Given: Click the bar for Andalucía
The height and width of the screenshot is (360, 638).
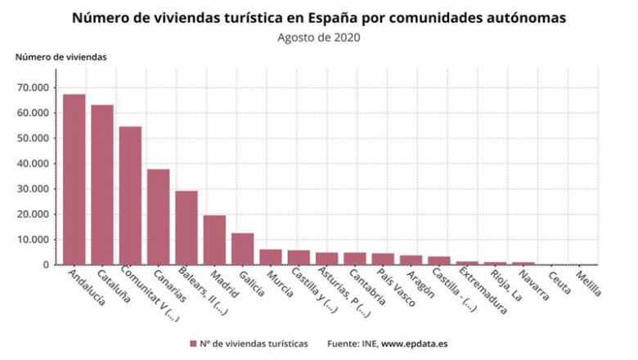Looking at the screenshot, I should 74,179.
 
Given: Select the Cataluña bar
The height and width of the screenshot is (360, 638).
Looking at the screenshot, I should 102,184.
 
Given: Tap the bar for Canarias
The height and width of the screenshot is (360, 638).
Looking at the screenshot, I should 159,217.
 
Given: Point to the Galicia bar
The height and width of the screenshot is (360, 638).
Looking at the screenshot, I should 242,249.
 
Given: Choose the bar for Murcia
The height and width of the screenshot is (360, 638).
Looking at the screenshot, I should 271,257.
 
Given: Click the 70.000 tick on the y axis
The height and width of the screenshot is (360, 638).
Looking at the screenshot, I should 37,88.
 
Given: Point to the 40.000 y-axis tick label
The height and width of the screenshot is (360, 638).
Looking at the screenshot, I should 37,164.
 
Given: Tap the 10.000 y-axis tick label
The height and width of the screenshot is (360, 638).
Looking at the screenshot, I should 37,240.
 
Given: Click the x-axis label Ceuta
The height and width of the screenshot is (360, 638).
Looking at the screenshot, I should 559,281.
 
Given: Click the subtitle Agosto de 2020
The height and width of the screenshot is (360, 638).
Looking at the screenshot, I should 319,37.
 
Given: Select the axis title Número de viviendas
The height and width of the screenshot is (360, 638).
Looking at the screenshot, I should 61,56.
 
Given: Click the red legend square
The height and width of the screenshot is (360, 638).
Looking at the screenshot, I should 193,344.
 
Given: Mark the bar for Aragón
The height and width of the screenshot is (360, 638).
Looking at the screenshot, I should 411,259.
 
